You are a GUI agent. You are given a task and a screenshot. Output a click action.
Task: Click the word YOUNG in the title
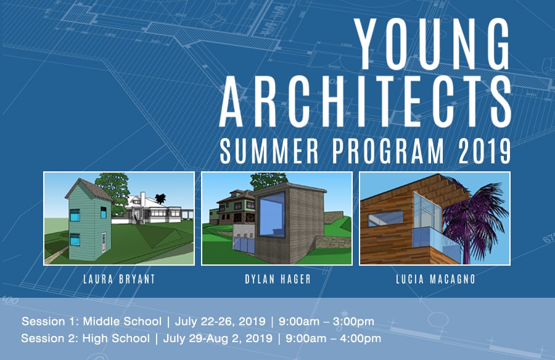click(x=432, y=44)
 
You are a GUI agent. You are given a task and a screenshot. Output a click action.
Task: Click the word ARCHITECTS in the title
click(x=365, y=102)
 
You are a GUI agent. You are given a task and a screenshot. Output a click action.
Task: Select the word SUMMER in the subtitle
click(x=269, y=151)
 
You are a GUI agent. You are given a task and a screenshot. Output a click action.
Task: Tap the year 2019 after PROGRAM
click(x=484, y=151)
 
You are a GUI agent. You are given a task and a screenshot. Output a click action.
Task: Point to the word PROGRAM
click(x=388, y=151)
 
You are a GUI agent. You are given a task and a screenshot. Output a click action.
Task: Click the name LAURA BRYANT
click(x=119, y=279)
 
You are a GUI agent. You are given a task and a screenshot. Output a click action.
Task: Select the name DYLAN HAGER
click(x=277, y=279)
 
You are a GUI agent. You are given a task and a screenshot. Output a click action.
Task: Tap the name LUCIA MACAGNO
click(x=435, y=279)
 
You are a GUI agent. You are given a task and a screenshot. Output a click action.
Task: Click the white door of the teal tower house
click(x=104, y=242)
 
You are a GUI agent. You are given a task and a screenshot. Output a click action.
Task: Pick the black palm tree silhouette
click(x=160, y=198)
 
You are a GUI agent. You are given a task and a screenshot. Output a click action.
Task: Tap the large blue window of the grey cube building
click(x=272, y=215)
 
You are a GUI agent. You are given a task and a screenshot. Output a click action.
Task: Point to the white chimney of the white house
click(x=142, y=198)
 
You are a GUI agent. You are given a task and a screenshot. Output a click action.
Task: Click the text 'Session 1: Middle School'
click(x=92, y=321)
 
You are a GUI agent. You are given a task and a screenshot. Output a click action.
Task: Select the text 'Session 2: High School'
click(x=85, y=338)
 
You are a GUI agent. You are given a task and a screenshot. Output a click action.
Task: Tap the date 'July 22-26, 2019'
click(x=220, y=321)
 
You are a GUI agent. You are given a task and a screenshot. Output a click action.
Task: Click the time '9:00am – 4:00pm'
click(x=334, y=338)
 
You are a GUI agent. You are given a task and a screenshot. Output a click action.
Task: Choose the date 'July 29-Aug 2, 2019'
click(x=218, y=338)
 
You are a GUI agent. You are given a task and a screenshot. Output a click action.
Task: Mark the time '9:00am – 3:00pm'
click(x=326, y=321)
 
